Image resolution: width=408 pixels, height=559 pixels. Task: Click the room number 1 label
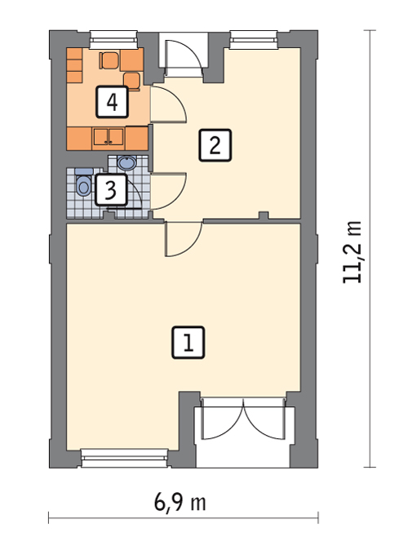pyautogui.click(x=188, y=342)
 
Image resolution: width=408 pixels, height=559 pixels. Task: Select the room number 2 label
pyautogui.click(x=215, y=145)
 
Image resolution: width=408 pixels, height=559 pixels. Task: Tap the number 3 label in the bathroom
pyautogui.click(x=111, y=189)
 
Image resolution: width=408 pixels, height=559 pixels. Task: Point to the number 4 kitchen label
pyautogui.click(x=112, y=102)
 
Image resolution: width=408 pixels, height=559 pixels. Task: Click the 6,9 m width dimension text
pyautogui.click(x=180, y=503)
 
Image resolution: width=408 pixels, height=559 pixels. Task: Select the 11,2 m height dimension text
pyautogui.click(x=352, y=252)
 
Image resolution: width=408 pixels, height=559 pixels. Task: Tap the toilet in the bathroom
pyautogui.click(x=83, y=184)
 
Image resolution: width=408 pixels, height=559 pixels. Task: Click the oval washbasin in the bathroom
pyautogui.click(x=126, y=163)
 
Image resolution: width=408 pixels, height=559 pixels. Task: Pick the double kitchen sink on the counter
pyautogui.click(x=109, y=137)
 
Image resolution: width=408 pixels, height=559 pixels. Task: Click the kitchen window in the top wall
pyautogui.click(x=113, y=39)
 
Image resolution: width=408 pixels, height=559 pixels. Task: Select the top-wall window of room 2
pyautogui.click(x=253, y=39)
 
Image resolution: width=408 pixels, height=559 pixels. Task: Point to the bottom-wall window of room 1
pyautogui.click(x=124, y=458)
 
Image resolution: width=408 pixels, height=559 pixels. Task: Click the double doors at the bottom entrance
pyautogui.click(x=243, y=419)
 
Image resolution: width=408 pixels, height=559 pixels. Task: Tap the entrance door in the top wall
pyautogui.click(x=184, y=55)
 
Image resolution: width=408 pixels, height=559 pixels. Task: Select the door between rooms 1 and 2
pyautogui.click(x=184, y=239)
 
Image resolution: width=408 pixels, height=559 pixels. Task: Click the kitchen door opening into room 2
pyautogui.click(x=168, y=104)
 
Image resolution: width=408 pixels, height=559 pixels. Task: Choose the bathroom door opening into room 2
pyautogui.click(x=168, y=191)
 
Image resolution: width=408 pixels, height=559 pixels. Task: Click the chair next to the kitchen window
pyautogui.click(x=109, y=60)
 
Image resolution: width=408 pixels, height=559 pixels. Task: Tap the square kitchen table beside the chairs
pyautogui.click(x=132, y=60)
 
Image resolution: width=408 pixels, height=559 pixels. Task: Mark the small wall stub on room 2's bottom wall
pyautogui.click(x=263, y=215)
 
